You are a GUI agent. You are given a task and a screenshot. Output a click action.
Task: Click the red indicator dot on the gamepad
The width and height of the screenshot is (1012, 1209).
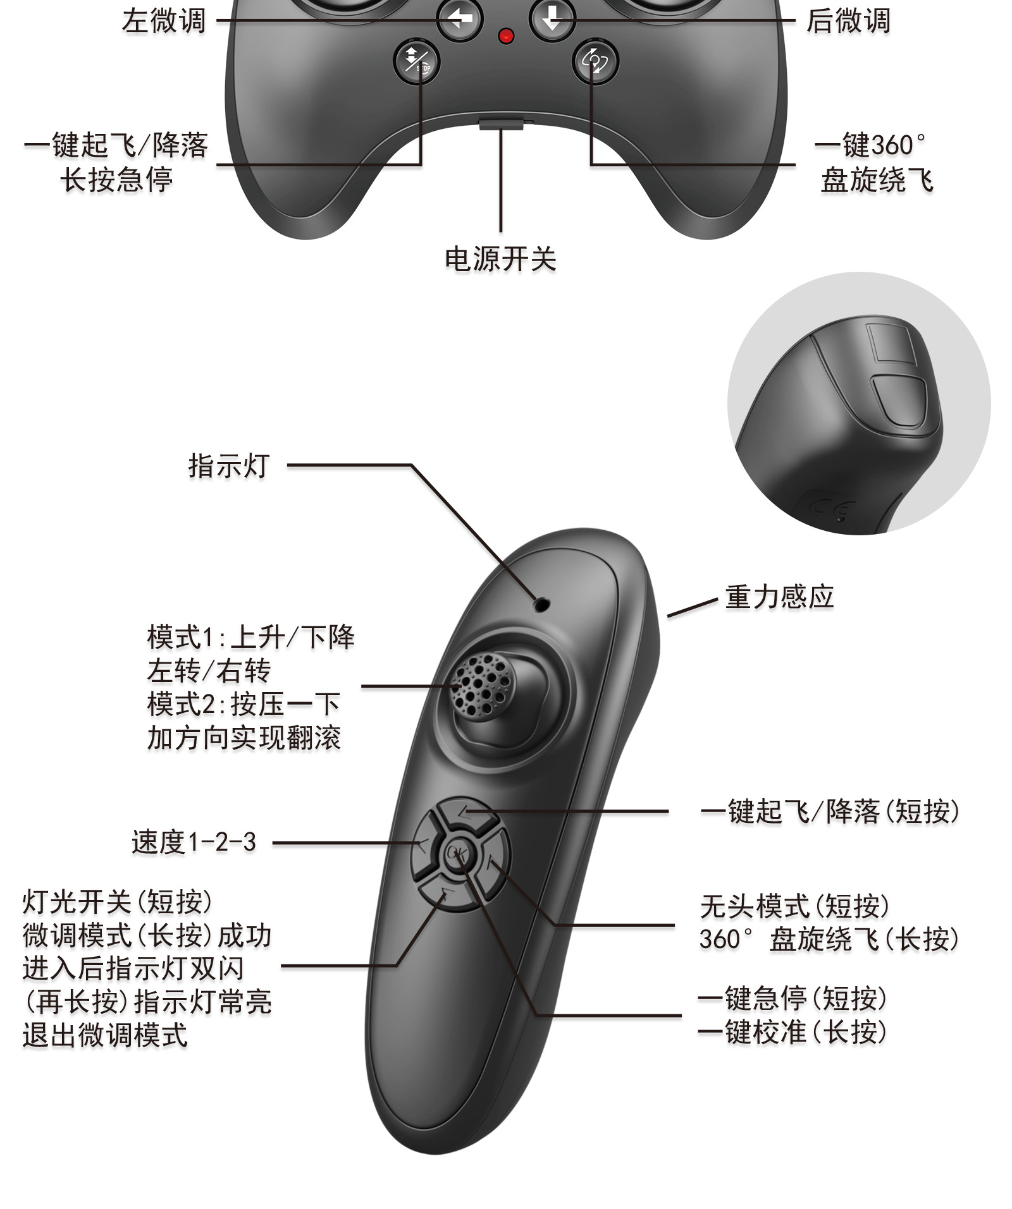[x=505, y=36]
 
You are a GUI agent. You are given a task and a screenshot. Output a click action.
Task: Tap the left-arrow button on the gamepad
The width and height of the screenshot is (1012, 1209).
[x=460, y=19]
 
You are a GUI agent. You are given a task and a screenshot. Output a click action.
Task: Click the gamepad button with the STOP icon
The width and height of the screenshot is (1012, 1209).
[x=416, y=61]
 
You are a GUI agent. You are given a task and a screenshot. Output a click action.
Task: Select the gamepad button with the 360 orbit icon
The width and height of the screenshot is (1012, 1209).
[x=595, y=61]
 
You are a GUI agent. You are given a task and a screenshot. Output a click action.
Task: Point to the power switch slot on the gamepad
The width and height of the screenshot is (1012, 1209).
[x=502, y=123]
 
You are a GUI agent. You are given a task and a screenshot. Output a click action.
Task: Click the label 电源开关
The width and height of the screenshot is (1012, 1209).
[x=500, y=259]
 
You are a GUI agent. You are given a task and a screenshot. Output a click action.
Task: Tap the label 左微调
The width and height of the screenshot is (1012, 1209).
[x=164, y=20]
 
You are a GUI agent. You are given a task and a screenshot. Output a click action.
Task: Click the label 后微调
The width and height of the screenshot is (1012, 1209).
[x=848, y=20]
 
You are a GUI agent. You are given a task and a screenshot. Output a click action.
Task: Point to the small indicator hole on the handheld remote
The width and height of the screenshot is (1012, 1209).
[x=541, y=604]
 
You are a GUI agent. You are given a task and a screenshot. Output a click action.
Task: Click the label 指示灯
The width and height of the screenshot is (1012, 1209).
[x=229, y=466]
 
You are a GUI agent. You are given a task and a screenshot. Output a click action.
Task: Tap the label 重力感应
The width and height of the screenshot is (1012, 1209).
[x=779, y=597]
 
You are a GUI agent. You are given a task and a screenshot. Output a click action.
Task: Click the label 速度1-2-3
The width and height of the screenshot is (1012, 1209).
[x=194, y=842]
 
